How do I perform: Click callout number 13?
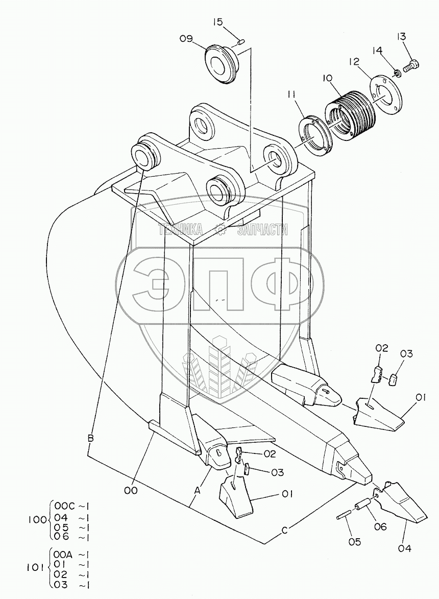click(402, 36)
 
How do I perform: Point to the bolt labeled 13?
click(411, 66)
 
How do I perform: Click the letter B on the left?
click(90, 438)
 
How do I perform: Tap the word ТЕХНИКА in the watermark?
click(181, 230)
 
